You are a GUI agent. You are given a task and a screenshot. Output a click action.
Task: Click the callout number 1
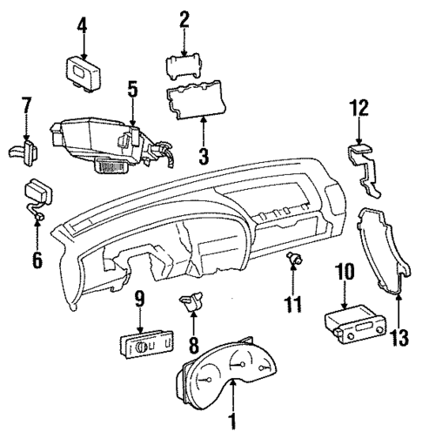(232, 423)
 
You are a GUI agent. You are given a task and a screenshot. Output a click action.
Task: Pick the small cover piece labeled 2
(184, 65)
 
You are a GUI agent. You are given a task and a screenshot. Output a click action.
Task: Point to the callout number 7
(26, 107)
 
